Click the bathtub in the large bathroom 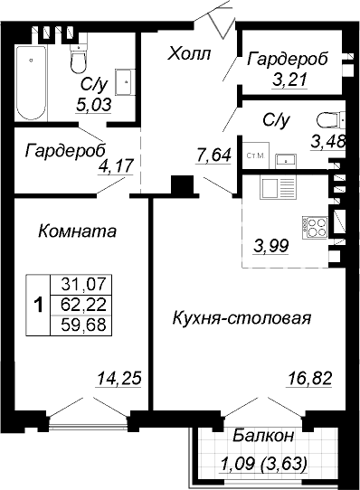coord(32,83)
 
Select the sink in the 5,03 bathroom coord(125,82)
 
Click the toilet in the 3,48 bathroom coord(331,120)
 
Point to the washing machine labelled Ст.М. coord(256,155)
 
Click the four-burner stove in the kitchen coord(315,228)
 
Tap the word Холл coord(189,53)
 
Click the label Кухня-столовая coord(242,318)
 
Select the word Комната coord(77,231)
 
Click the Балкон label coord(263,436)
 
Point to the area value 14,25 coord(119,378)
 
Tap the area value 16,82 coord(308,379)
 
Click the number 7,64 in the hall coord(213,155)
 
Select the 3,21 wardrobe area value coord(289,80)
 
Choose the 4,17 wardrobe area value coord(116,166)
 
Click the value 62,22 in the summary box coord(83,305)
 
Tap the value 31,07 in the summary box coord(83,284)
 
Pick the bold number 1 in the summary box coord(38,305)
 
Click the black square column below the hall coord(182,185)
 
